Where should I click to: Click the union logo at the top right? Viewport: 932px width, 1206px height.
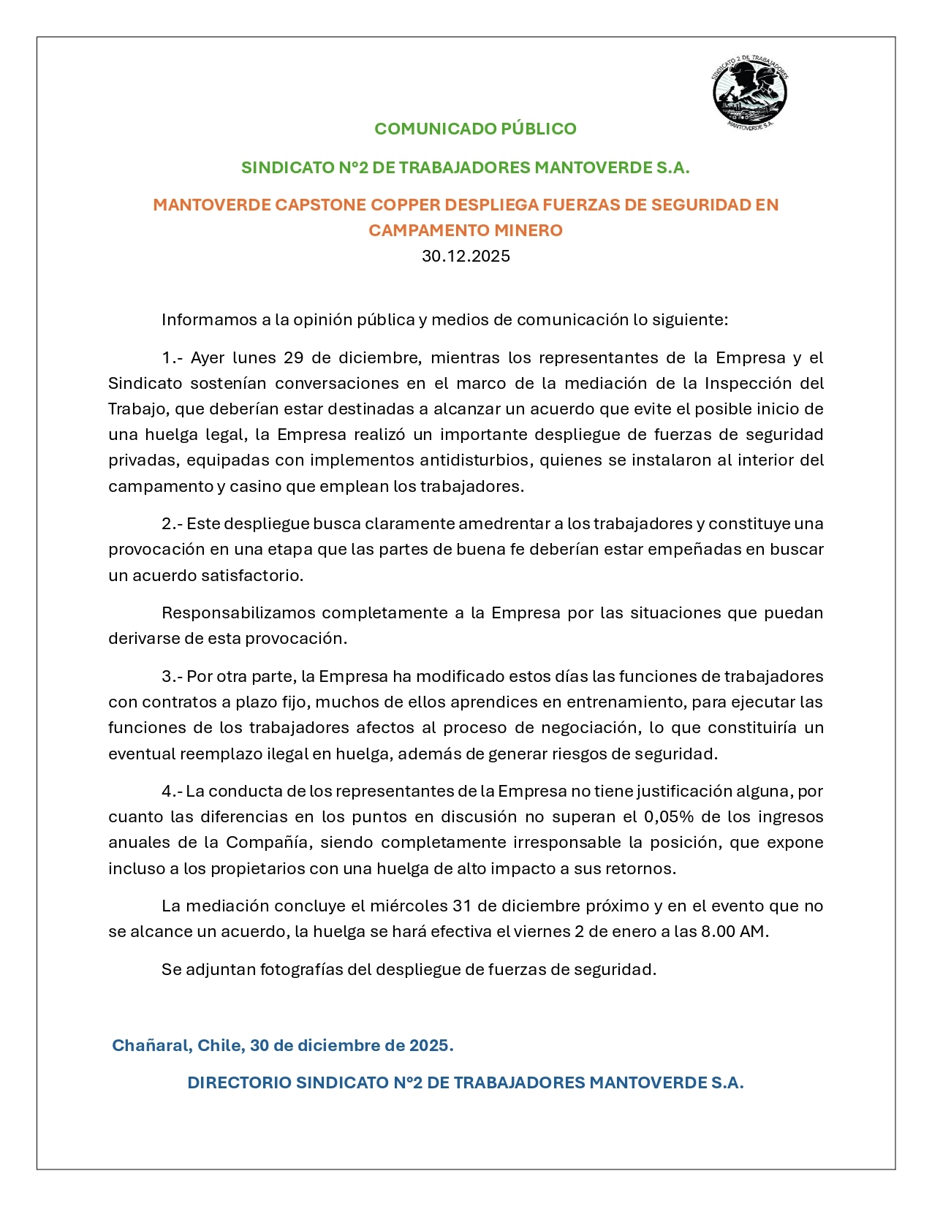point(749,94)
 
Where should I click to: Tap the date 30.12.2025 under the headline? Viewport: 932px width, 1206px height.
point(466,256)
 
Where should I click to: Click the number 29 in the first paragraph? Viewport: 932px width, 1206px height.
point(293,357)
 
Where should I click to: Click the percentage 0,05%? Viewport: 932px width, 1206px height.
point(669,816)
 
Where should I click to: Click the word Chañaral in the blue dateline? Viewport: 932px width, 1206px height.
point(152,1045)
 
